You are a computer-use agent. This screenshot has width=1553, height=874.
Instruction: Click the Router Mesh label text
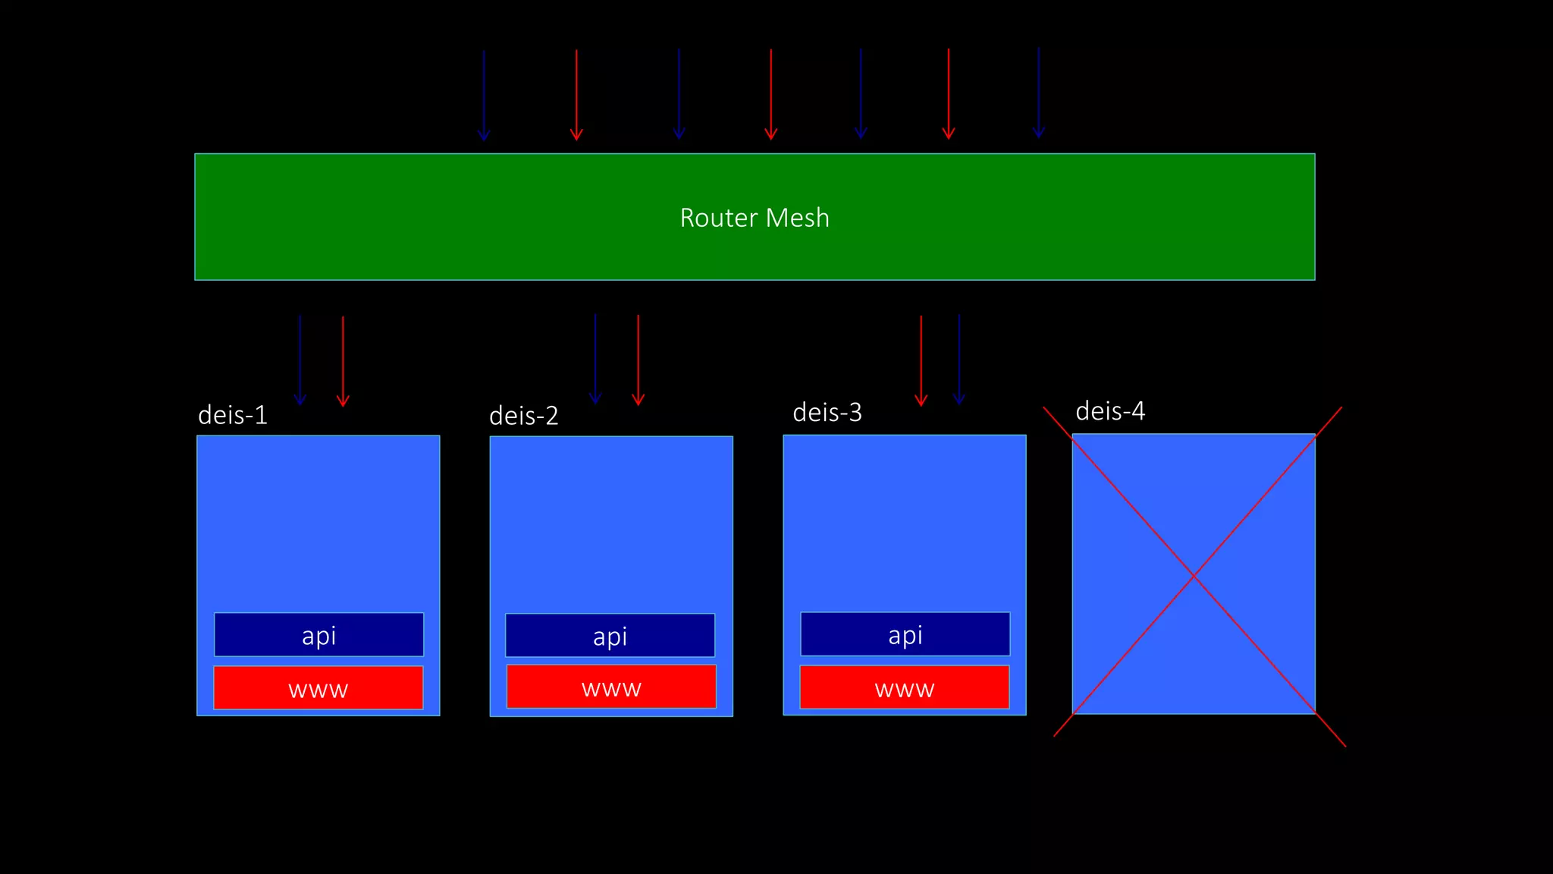(755, 218)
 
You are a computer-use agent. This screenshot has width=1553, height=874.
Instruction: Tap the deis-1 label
(233, 415)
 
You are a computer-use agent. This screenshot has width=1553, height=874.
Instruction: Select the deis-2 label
(524, 416)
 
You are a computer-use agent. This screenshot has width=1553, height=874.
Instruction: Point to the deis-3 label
(827, 412)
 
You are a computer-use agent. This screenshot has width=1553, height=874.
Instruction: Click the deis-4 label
(1110, 410)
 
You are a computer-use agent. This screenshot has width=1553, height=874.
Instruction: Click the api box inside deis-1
(318, 634)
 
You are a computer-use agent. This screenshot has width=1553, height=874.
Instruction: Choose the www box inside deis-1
(318, 688)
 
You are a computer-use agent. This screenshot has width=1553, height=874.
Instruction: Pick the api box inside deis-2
(610, 635)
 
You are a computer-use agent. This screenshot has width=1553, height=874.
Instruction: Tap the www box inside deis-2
(611, 687)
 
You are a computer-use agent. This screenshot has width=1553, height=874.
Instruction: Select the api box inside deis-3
(905, 633)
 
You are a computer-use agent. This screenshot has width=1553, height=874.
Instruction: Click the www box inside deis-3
(905, 687)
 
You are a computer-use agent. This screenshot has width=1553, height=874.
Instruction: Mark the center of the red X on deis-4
(1194, 577)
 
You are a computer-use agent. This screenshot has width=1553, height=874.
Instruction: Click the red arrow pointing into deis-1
(343, 361)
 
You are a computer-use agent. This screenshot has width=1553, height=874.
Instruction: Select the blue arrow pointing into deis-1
(300, 360)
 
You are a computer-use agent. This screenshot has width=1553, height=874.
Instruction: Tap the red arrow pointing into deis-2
(638, 360)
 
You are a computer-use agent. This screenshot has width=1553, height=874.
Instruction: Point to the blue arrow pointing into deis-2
(595, 358)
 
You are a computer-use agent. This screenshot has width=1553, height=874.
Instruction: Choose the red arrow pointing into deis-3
(921, 360)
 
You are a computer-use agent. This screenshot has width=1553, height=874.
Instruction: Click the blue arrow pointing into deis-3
(959, 359)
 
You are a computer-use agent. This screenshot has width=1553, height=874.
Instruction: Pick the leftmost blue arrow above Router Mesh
(484, 95)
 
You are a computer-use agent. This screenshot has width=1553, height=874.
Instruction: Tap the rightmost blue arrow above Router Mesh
(1039, 93)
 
